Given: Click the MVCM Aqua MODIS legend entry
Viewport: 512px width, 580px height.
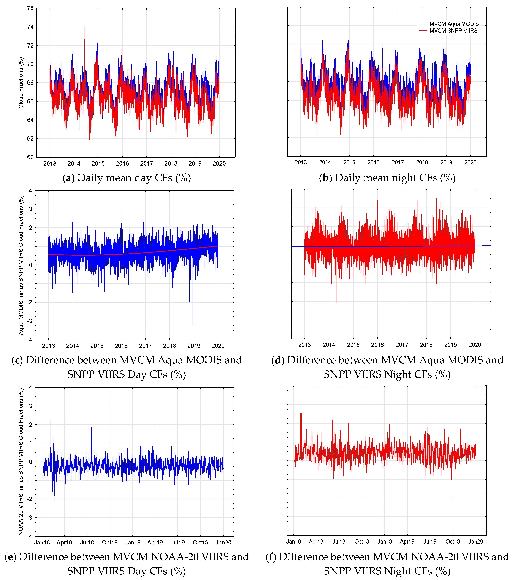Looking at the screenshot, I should click(454, 24).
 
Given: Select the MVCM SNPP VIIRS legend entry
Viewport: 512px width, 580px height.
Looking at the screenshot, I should click(453, 31).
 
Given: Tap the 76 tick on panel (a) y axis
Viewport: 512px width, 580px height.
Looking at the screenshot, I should click(30, 8).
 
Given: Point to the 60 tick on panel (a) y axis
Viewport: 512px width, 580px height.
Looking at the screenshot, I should click(30, 157).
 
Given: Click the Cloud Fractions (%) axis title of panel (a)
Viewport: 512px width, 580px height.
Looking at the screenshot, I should click(21, 83).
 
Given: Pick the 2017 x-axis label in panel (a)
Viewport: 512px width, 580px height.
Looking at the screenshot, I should click(146, 163).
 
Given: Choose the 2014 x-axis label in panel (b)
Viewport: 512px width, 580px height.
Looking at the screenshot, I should click(325, 162).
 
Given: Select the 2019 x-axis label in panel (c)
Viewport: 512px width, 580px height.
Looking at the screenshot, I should click(194, 346).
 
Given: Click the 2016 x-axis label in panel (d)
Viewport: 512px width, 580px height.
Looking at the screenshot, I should click(377, 345).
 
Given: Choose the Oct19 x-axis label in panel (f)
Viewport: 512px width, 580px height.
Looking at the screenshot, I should click(453, 541).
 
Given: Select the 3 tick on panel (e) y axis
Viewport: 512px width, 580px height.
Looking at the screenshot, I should click(31, 406).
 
